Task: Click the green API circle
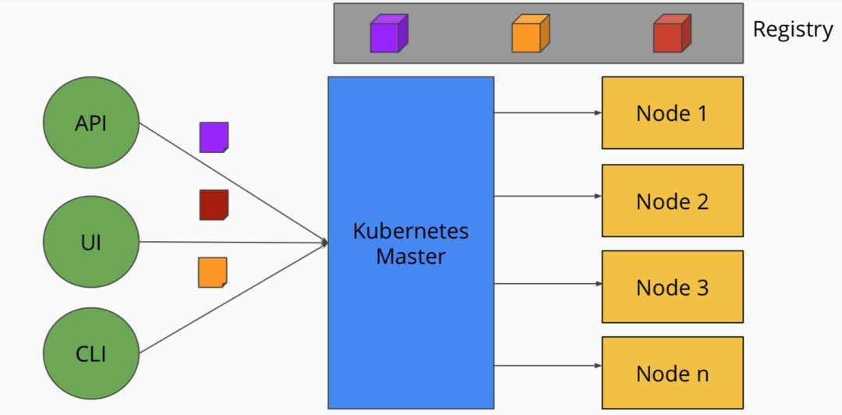(x=91, y=122)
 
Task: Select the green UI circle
(x=91, y=242)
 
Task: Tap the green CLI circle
(x=91, y=353)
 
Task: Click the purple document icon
(x=214, y=137)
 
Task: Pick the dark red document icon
(x=214, y=205)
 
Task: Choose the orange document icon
(x=213, y=272)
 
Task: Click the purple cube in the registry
(x=389, y=34)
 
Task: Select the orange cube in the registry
(x=531, y=34)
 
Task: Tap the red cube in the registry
(x=672, y=34)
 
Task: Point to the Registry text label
(x=793, y=30)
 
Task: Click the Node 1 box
(x=672, y=113)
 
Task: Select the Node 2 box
(x=672, y=200)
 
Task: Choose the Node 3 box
(x=672, y=286)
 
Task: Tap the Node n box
(x=672, y=373)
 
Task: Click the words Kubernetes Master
(x=411, y=243)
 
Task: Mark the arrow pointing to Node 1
(x=548, y=113)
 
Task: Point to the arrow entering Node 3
(x=548, y=283)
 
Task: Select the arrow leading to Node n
(x=548, y=366)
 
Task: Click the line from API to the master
(x=234, y=183)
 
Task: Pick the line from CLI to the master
(x=234, y=298)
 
